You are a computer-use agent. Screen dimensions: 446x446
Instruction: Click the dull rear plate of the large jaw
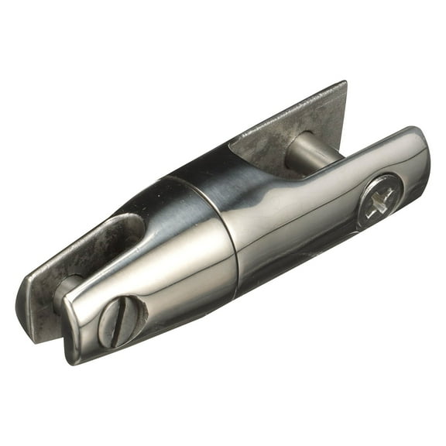[294, 124]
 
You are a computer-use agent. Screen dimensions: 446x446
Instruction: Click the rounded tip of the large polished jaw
[418, 155]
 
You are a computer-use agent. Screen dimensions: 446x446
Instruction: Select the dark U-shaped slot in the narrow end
[124, 232]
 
